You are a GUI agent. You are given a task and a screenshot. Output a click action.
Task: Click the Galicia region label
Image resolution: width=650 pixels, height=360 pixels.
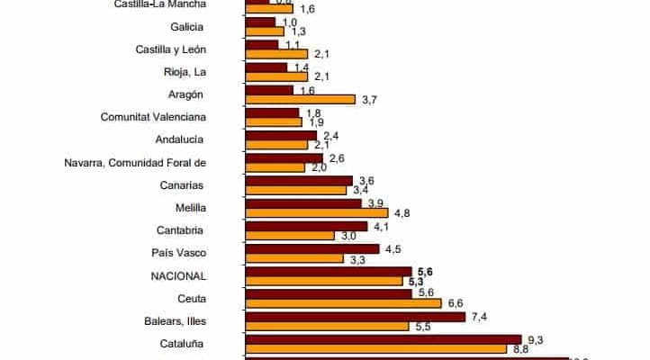(186, 26)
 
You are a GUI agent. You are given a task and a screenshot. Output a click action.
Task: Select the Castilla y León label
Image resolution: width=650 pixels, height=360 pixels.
(172, 49)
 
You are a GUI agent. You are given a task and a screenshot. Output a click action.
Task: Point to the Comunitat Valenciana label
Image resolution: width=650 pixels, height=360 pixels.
(154, 117)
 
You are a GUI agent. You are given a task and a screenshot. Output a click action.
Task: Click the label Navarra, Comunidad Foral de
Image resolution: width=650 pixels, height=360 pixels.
(136, 162)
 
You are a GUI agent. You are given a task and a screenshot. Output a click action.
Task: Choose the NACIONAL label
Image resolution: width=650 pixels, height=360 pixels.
(179, 275)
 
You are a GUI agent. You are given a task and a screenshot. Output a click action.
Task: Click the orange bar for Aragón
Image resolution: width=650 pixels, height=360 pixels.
(301, 100)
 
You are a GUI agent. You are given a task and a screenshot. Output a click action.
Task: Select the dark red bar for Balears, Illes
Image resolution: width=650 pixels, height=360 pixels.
(355, 316)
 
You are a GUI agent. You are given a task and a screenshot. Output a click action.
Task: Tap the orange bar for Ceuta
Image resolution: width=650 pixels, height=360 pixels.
(342, 303)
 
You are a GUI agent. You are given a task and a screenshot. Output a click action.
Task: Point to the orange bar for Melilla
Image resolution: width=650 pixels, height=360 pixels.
(316, 213)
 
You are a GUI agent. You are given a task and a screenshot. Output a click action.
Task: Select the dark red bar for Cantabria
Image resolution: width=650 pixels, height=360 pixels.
(305, 226)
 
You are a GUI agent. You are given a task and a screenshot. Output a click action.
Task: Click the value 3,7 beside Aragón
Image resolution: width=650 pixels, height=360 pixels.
(368, 100)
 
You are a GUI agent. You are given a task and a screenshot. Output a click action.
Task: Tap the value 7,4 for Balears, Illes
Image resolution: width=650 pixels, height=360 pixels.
(478, 317)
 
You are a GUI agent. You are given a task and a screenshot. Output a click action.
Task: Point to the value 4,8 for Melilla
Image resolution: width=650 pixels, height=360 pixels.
(401, 213)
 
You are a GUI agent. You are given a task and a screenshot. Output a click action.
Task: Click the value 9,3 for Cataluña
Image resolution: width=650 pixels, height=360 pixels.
(535, 338)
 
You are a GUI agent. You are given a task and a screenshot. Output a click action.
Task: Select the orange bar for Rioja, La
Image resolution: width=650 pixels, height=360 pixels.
(276, 77)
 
